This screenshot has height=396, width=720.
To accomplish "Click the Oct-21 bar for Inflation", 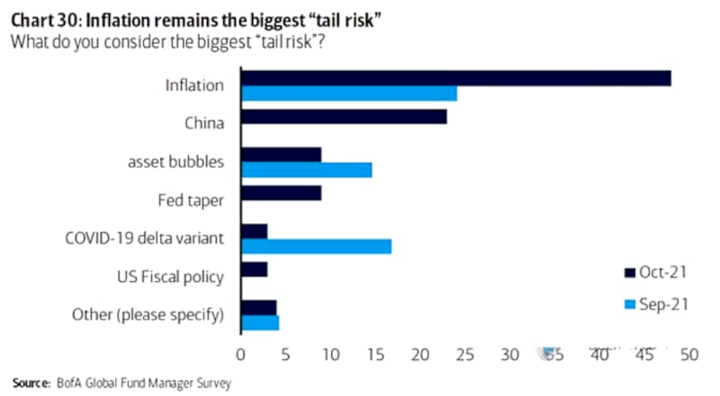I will click(x=455, y=78).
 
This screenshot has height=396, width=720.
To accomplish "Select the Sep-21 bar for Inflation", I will click(x=349, y=93).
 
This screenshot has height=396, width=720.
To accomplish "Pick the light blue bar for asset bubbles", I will click(x=306, y=169).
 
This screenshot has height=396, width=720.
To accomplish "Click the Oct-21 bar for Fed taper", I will click(x=281, y=193).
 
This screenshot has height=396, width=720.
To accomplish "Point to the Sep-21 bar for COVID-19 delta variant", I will click(x=316, y=246).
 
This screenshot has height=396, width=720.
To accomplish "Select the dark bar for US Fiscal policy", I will click(x=254, y=269).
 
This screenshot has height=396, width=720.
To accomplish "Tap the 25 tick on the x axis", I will click(x=464, y=355).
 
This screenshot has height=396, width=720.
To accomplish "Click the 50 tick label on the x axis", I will click(x=688, y=355).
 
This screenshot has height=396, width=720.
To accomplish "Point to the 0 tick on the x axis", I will click(x=241, y=355).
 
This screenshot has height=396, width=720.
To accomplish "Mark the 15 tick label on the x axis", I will click(x=375, y=355).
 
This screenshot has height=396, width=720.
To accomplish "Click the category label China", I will click(x=204, y=123).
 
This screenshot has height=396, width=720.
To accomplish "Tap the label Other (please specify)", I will click(x=148, y=314).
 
